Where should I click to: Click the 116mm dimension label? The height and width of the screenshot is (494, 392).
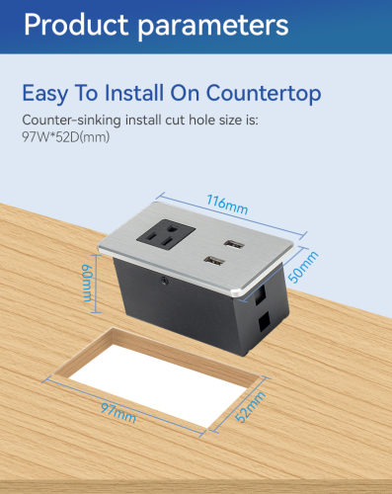pyautogui.click(x=227, y=205)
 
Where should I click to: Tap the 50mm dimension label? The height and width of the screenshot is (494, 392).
pyautogui.click(x=303, y=267)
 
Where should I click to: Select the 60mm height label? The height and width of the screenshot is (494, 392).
pyautogui.click(x=88, y=284)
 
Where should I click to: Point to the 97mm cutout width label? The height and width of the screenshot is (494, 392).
pyautogui.click(x=118, y=413)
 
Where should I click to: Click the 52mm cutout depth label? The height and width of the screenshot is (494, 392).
pyautogui.click(x=251, y=407)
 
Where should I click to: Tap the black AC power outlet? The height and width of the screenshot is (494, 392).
pyautogui.click(x=166, y=235)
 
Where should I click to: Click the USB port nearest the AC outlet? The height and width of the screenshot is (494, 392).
pyautogui.click(x=214, y=261)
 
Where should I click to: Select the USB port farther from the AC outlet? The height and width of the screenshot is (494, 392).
pyautogui.click(x=234, y=245)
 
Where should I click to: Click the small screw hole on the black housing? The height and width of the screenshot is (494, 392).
pyautogui.click(x=164, y=282)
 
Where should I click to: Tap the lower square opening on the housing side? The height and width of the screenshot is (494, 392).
pyautogui.click(x=264, y=321)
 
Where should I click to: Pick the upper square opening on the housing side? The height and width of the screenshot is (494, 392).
pyautogui.click(x=260, y=294)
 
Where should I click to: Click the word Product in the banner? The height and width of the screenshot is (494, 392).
pyautogui.click(x=76, y=25)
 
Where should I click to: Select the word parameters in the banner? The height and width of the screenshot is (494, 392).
pyautogui.click(x=213, y=27)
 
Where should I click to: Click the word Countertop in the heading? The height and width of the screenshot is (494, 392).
pyautogui.click(x=264, y=93)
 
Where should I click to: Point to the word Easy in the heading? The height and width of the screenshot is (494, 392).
pyautogui.click(x=45, y=94)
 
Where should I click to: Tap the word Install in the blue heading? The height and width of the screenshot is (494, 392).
pyautogui.click(x=134, y=93)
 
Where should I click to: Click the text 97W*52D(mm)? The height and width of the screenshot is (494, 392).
pyautogui.click(x=66, y=137)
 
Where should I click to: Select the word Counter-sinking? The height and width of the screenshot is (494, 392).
pyautogui.click(x=71, y=121)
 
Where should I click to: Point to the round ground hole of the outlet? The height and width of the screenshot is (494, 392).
pyautogui.click(x=172, y=227)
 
